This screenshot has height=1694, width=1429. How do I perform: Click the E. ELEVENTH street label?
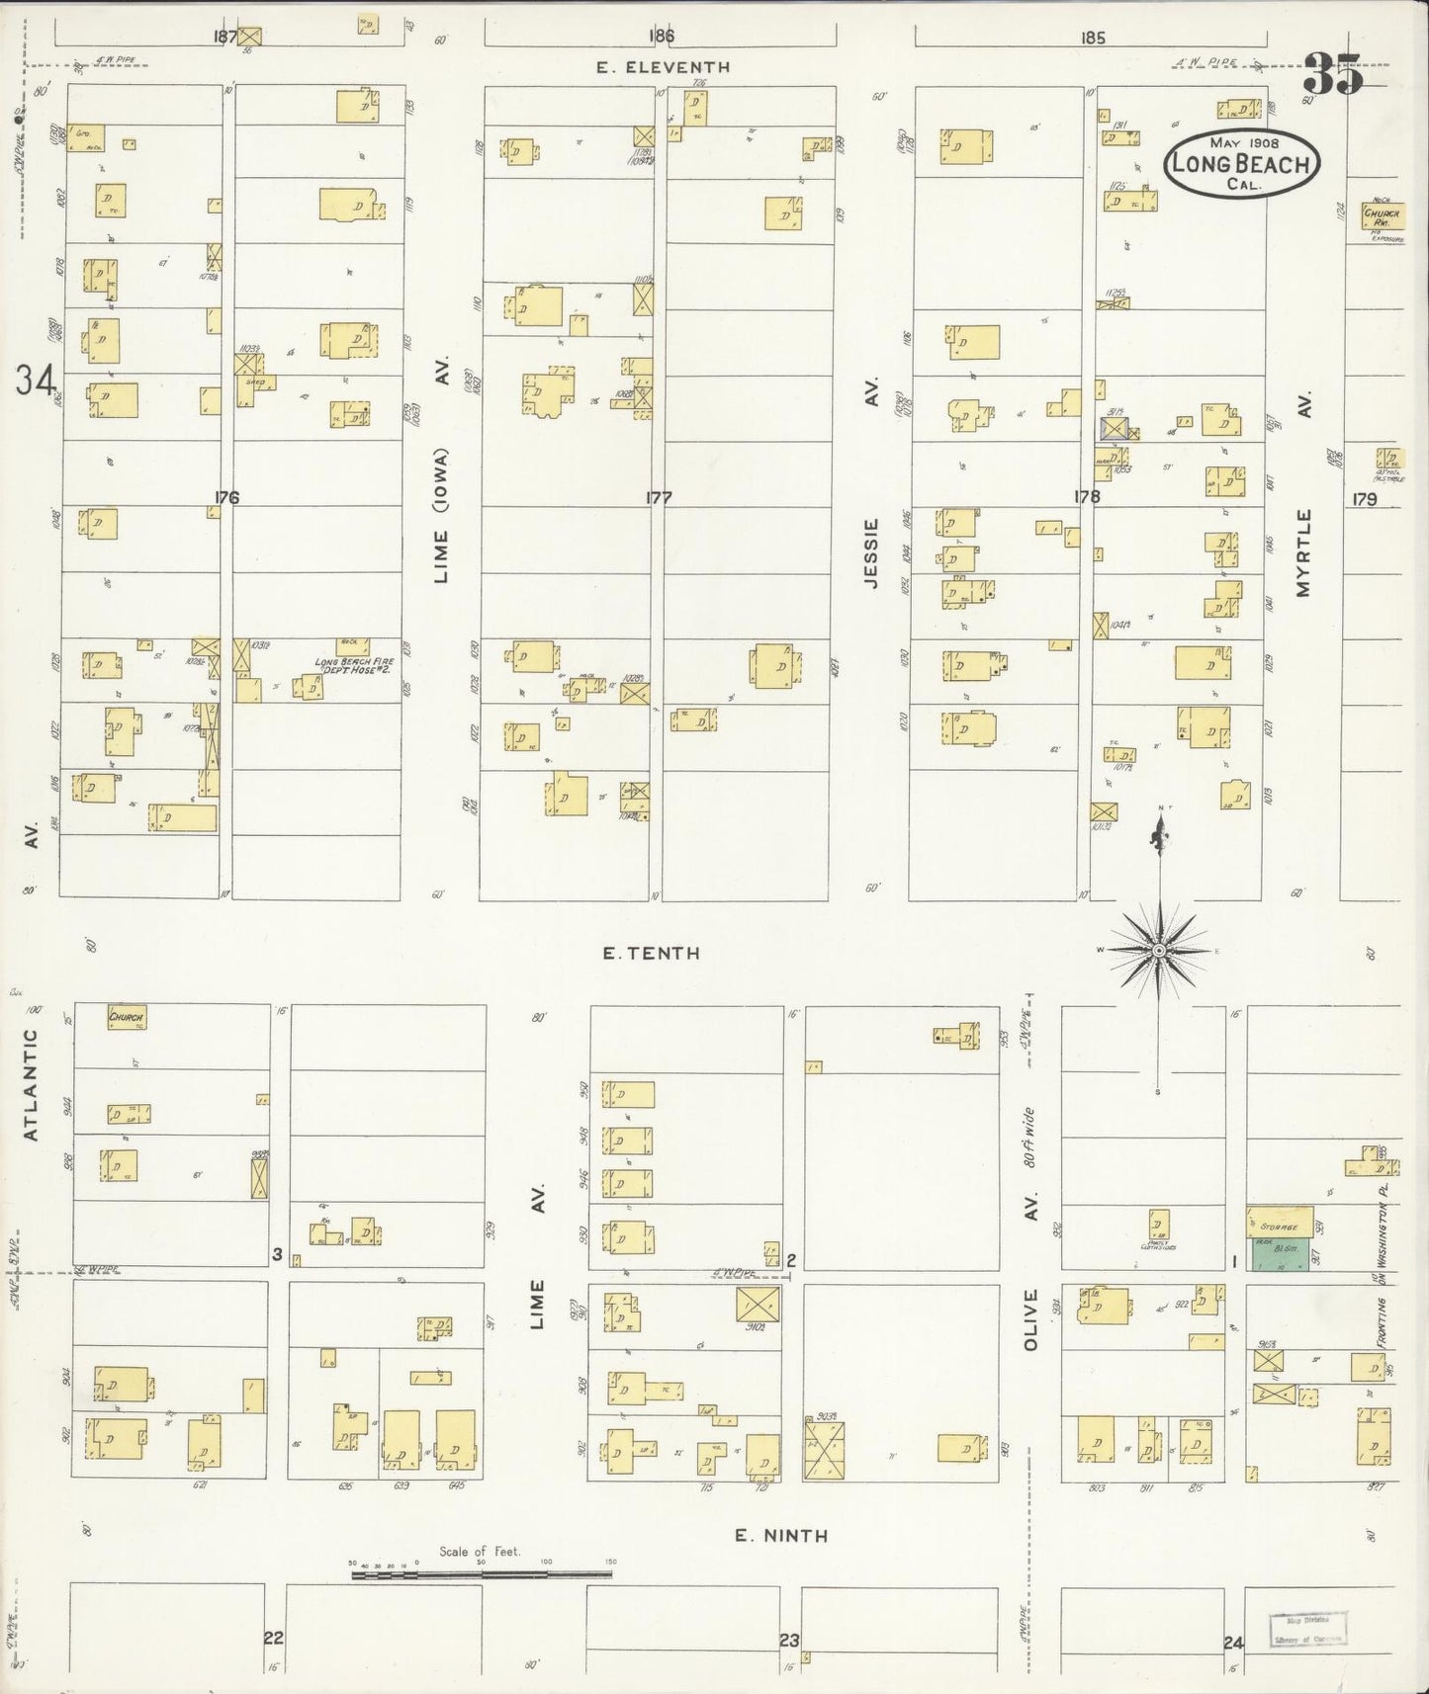[664, 67]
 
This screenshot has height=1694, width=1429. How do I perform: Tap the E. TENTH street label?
[652, 953]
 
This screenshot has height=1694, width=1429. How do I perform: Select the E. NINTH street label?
[781, 1535]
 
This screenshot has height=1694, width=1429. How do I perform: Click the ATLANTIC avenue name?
[31, 1085]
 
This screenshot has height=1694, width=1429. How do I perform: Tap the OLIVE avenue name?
[1030, 1318]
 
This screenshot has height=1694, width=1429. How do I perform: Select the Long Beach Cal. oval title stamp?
[1241, 163]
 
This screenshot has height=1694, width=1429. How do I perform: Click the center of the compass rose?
[1157, 950]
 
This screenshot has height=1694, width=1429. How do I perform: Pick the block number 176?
[226, 497]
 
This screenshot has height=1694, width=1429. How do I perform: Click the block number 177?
[659, 497]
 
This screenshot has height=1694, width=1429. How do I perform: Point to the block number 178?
[1087, 497]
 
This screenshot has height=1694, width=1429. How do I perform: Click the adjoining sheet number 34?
[36, 380]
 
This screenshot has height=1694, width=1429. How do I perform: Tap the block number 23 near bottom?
[788, 1640]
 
